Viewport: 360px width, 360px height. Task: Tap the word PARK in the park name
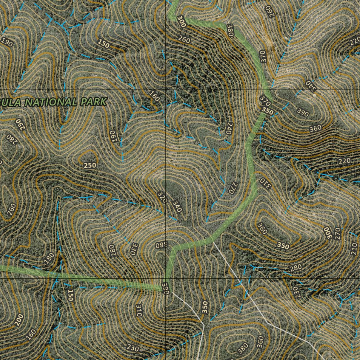tap(94, 102)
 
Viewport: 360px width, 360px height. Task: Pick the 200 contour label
tap(19, 320)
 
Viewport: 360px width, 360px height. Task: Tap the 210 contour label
tap(354, 249)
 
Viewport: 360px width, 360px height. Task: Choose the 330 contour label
tap(133, 248)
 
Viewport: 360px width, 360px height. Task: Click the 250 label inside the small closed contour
tap(90, 165)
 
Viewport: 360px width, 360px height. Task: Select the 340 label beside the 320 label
tap(177, 206)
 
